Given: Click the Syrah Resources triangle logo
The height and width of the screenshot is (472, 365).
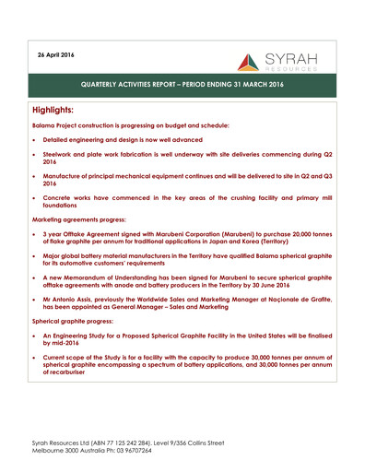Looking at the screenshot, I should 250,62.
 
